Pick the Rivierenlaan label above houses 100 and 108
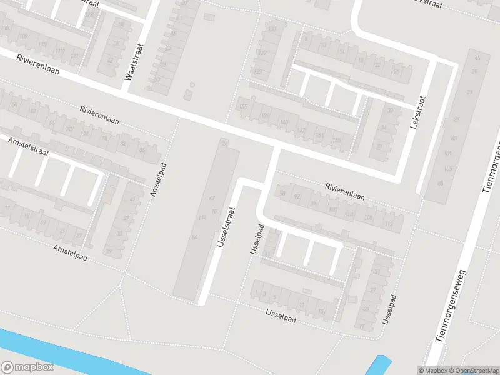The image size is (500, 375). (344, 191)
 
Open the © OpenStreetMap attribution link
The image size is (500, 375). (472, 371)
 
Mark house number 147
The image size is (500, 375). (301, 129)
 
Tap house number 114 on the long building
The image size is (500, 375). (201, 217)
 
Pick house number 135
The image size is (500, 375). (244, 107)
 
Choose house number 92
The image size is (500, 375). (297, 197)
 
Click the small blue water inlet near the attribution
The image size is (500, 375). (378, 366)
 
